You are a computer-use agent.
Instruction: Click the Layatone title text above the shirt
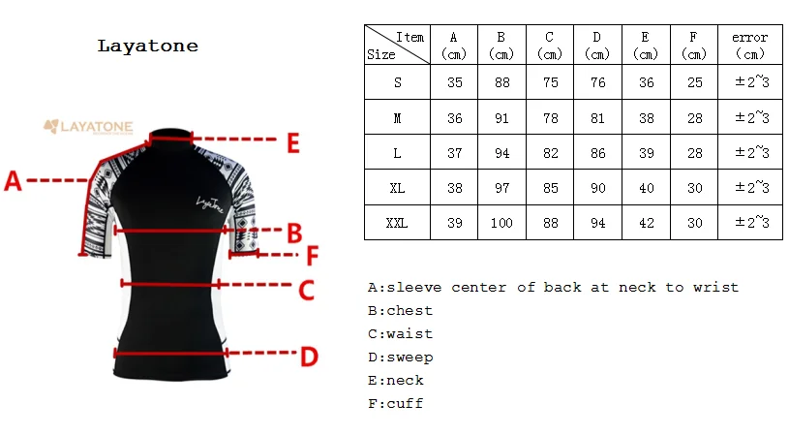pos(148,46)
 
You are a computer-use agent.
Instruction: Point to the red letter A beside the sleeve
pos(14,180)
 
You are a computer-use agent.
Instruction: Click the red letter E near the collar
pos(293,143)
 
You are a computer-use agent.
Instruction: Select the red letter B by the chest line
pos(295,233)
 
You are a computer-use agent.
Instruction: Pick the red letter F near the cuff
pos(312,256)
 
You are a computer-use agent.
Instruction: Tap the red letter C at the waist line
pos(306,289)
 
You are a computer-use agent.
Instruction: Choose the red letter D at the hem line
pos(308,358)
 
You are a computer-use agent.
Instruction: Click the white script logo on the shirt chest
pos(208,202)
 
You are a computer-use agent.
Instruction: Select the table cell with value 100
pos(501,223)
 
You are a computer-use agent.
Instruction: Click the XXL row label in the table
pos(397,223)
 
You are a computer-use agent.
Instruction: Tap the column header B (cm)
pos(501,46)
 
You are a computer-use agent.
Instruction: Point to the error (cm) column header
pos(750,46)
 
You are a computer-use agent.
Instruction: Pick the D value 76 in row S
pos(597,82)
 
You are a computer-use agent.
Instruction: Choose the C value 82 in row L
pos(551,153)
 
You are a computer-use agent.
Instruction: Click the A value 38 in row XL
pos(454,188)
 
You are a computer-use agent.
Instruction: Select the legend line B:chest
pos(400,311)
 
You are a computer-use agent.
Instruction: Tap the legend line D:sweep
pos(400,358)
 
